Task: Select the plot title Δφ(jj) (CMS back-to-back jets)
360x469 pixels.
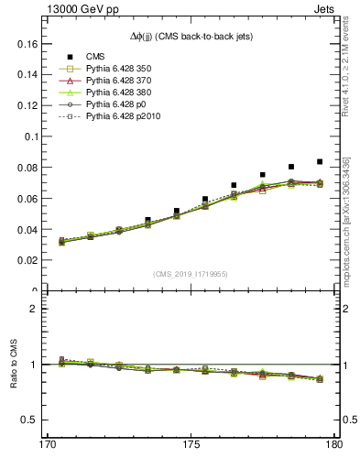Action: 191,35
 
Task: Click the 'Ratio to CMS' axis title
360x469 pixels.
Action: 13,364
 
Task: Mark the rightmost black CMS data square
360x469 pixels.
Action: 319,161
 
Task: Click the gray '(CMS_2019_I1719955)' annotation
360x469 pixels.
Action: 191,274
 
